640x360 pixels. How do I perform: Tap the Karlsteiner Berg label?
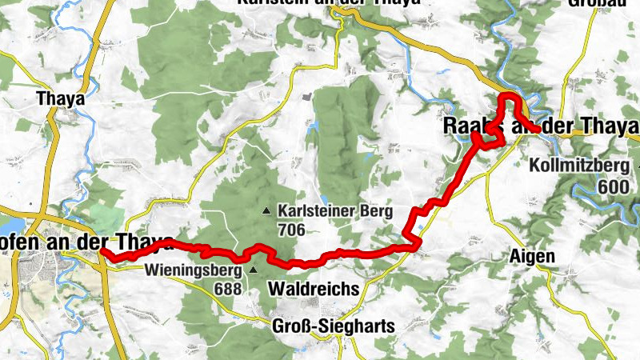click(334, 211)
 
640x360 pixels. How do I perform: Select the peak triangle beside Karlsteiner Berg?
click(266, 211)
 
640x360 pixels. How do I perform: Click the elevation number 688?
click(228, 288)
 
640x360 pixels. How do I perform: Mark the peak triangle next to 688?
click(253, 270)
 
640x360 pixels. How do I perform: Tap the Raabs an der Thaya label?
click(541, 126)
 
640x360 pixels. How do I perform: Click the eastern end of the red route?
click(535, 130)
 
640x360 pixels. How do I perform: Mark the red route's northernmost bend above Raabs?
click(509, 96)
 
